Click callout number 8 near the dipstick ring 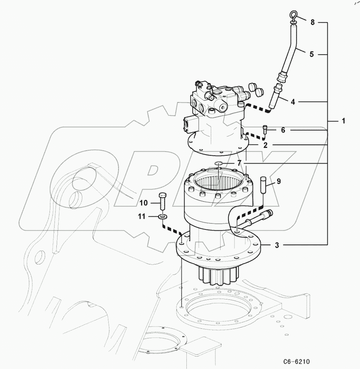312,22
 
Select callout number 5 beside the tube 312,54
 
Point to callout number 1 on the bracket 343,121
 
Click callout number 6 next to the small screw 283,130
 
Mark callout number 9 278,181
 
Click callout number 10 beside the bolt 144,203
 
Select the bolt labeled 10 162,202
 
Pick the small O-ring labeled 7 218,163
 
